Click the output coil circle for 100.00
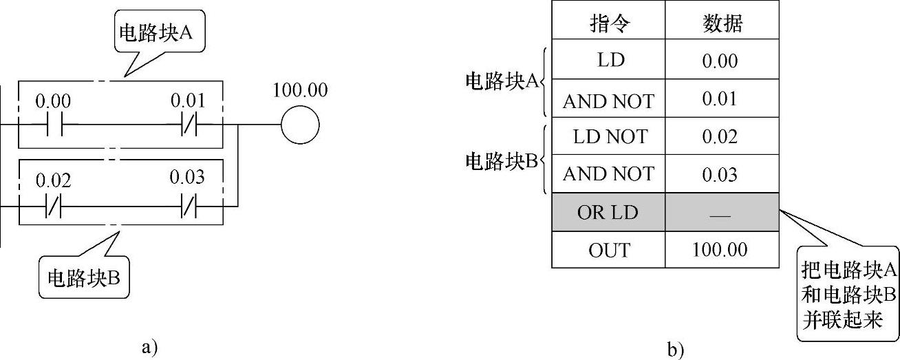pos(300,125)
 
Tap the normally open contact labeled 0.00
pos(54,125)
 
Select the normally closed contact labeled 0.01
pos(189,125)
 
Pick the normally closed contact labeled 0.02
pos(54,205)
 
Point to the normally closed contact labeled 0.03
pos(189,205)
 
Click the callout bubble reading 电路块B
pos(84,278)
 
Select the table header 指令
pos(608,24)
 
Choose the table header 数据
pos(721,24)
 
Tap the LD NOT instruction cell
pos(608,136)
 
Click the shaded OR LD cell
pos(608,212)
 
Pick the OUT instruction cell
pos(608,249)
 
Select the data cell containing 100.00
pos(721,249)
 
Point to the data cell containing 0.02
pos(721,136)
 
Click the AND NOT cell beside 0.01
pos(608,100)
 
